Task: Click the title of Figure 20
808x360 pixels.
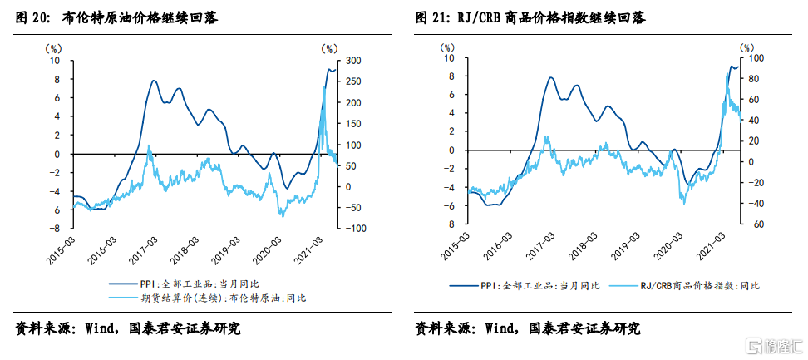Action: coord(116,17)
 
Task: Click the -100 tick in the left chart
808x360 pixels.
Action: coord(353,228)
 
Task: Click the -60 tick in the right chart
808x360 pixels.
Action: coord(758,224)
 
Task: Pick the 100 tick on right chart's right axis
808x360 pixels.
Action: coord(758,58)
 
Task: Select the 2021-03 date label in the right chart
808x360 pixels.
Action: coord(717,247)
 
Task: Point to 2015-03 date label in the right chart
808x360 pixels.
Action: coord(455,247)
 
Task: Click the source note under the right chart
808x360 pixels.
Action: coord(527,328)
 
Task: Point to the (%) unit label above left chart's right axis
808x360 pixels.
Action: coord(329,48)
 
